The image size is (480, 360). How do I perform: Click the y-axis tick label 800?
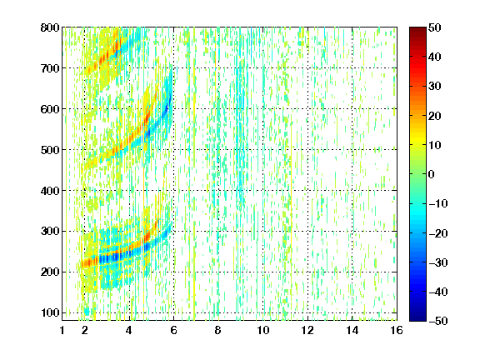click(x=50, y=27)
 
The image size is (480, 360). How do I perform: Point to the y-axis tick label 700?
click(x=50, y=68)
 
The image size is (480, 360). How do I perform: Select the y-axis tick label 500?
click(x=50, y=150)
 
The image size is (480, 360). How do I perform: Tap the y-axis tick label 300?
click(x=50, y=232)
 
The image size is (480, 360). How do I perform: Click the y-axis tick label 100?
click(x=50, y=312)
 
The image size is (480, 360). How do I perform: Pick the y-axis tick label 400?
click(x=50, y=191)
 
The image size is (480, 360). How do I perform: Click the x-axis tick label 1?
click(x=62, y=330)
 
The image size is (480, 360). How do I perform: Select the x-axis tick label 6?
click(x=173, y=330)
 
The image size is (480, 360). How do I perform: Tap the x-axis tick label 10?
click(x=263, y=330)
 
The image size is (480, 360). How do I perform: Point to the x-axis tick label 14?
click(x=352, y=330)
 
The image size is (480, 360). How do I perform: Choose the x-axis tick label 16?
click(x=397, y=330)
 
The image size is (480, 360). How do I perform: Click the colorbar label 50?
click(x=434, y=27)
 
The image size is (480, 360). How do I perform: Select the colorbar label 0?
click(x=432, y=174)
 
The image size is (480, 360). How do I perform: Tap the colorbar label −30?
click(x=438, y=262)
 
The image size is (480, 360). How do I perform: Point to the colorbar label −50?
click(x=438, y=321)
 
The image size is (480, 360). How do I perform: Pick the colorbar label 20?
click(x=434, y=116)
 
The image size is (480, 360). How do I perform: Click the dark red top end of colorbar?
click(x=417, y=29)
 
